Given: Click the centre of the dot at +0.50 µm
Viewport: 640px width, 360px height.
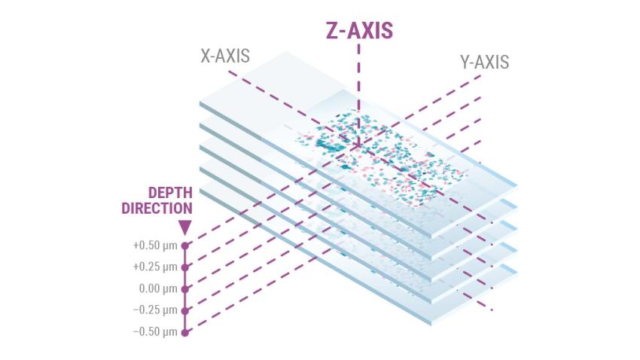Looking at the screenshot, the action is [x=185, y=246].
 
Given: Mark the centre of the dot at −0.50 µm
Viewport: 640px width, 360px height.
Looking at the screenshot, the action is [x=185, y=332].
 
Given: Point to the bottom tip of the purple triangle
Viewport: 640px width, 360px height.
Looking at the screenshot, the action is [x=185, y=236].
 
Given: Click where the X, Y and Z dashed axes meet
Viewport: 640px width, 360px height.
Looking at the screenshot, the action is [x=358, y=145].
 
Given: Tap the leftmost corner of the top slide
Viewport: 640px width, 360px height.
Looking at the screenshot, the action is [x=200, y=102].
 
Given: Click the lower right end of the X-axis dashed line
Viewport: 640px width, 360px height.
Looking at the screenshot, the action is [x=492, y=310].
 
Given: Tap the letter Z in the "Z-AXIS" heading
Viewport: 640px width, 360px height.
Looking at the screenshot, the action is [x=334, y=31].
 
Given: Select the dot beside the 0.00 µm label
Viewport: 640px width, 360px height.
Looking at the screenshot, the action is [x=185, y=289].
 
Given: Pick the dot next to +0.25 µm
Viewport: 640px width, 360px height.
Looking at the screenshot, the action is [x=185, y=267].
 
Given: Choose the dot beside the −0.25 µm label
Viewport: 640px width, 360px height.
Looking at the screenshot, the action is [x=185, y=310].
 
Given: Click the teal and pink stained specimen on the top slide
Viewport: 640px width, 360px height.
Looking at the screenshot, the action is [x=382, y=157].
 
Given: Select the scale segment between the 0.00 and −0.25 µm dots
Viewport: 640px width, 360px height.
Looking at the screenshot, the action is [x=185, y=300].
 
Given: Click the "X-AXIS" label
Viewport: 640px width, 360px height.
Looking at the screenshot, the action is [x=225, y=56].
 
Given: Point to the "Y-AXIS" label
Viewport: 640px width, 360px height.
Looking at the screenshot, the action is [x=484, y=62].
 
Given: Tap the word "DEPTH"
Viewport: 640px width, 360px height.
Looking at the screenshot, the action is [x=170, y=193].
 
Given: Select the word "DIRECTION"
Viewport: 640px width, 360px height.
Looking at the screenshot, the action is [x=157, y=208].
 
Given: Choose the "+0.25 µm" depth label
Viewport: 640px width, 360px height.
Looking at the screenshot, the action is [x=155, y=267].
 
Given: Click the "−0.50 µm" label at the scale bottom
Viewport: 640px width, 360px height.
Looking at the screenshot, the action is [x=155, y=332].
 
